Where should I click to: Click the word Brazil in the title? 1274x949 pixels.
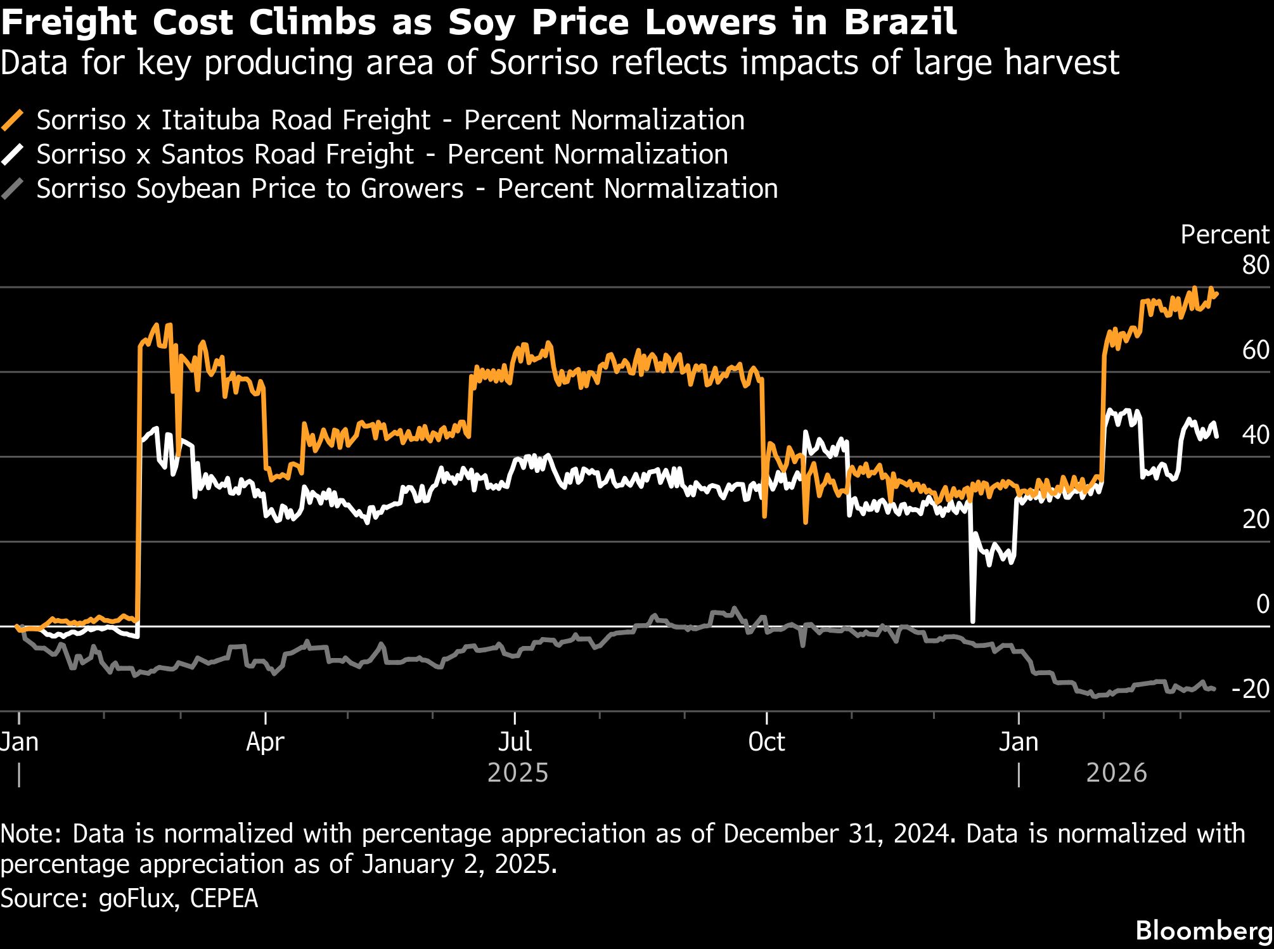point(900,23)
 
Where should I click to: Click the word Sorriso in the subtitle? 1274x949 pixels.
point(544,63)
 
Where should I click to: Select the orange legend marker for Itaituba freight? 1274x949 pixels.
point(13,120)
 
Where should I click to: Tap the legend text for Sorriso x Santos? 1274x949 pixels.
point(382,155)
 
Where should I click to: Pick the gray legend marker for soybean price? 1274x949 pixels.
point(13,189)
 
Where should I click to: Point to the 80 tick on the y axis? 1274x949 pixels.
point(1255,265)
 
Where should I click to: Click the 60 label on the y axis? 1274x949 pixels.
point(1255,350)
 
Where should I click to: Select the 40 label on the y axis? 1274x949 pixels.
point(1255,435)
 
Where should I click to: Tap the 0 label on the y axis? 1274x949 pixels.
point(1262,604)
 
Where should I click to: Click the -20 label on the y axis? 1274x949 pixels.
point(1250,689)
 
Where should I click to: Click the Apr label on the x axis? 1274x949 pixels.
point(265,742)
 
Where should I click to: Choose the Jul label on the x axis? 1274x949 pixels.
point(515,742)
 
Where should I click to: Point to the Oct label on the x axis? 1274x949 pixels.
point(766,742)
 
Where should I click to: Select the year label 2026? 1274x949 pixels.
point(1116,773)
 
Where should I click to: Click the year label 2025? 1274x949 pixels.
point(517,773)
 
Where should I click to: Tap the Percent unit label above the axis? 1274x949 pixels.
point(1224,235)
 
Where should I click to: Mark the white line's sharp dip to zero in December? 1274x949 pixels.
point(972,620)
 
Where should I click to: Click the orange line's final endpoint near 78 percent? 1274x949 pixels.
point(1216,293)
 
